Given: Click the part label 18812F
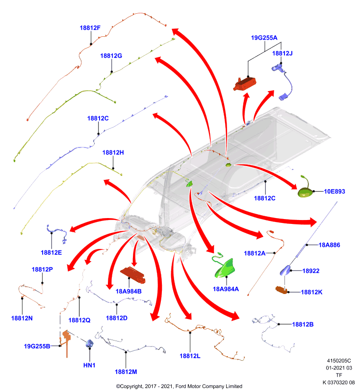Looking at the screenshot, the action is (x=90, y=28).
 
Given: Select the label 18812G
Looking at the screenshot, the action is (x=111, y=56).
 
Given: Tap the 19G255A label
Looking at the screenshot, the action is (x=264, y=38).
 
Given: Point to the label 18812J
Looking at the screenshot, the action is (x=282, y=53).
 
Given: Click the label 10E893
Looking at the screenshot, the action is (x=334, y=192).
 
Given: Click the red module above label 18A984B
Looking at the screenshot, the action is (x=133, y=275).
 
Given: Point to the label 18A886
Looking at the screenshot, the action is (x=329, y=245).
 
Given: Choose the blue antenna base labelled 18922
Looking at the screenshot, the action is (x=285, y=270).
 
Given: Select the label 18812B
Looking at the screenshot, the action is (x=303, y=324).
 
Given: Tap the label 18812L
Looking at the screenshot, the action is (x=190, y=356).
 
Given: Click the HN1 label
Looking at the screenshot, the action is (x=89, y=365).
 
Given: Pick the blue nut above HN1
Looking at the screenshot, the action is (x=89, y=344).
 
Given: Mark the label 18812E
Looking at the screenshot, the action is (x=51, y=252).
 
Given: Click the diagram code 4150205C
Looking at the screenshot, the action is (x=339, y=361).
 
